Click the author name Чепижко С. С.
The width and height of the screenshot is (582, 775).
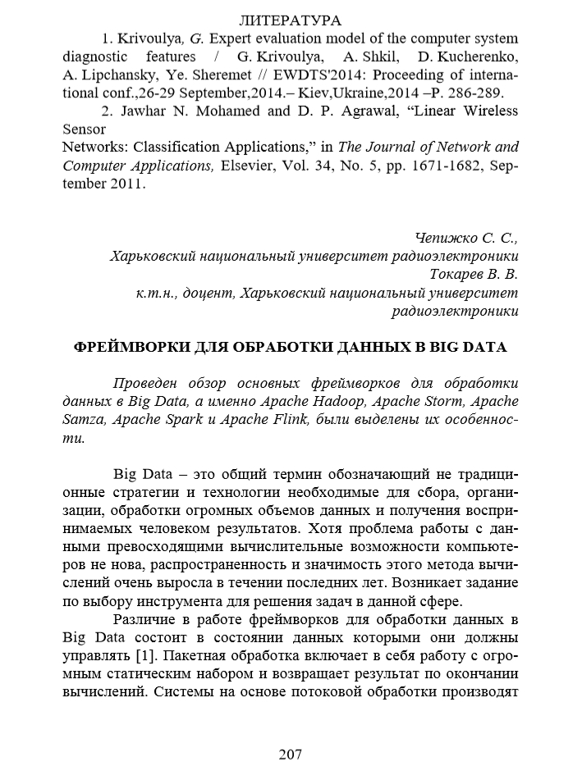click(466, 239)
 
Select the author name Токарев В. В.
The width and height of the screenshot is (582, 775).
click(474, 275)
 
